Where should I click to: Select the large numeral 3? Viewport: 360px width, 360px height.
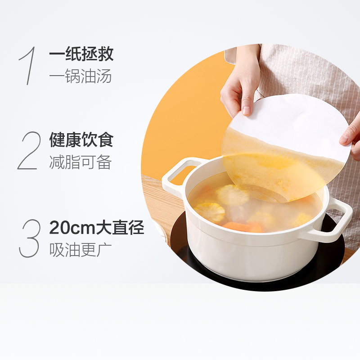tap(30, 238)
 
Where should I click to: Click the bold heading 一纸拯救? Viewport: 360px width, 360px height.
tap(81, 54)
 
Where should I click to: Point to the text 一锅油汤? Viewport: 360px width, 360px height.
tap(81, 76)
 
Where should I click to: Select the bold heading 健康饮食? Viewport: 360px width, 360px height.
tap(81, 140)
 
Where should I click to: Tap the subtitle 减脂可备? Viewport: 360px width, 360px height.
tap(81, 162)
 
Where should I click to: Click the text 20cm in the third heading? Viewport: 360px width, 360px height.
tap(72, 228)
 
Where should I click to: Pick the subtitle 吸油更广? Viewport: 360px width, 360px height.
tap(81, 250)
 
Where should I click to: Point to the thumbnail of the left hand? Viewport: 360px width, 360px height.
tap(246, 110)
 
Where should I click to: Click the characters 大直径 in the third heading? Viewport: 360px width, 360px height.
tap(120, 228)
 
